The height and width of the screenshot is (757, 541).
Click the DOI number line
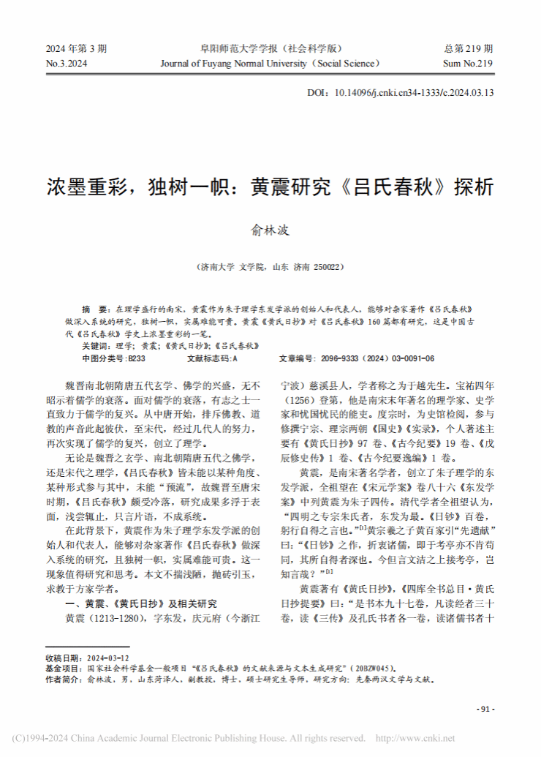(401, 93)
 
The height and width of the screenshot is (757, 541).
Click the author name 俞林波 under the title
(270, 230)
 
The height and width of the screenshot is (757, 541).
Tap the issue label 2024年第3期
(77, 49)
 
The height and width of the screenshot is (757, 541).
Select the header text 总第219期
(469, 49)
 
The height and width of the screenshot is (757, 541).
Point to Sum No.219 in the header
(469, 64)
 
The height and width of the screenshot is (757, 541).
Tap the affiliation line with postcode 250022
(270, 268)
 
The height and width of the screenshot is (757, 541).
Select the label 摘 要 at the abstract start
(95, 309)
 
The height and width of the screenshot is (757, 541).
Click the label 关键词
(95, 345)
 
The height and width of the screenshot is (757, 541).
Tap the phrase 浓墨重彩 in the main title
(76, 186)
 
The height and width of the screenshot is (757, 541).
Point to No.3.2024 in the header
(67, 64)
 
